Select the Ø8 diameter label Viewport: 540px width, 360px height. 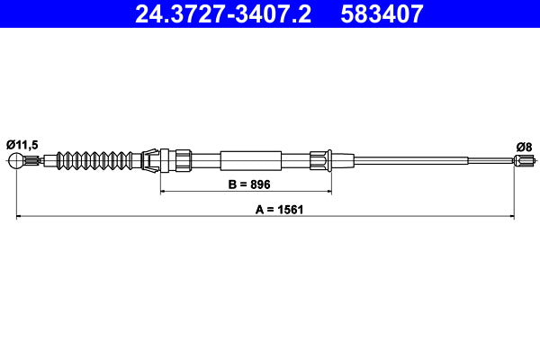click(522, 146)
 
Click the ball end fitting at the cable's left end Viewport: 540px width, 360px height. click(16, 162)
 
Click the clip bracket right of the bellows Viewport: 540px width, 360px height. click(154, 161)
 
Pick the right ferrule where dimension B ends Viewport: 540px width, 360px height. click(322, 161)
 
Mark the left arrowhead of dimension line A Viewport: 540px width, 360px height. click(19, 216)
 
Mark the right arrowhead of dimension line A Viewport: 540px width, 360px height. click(512, 216)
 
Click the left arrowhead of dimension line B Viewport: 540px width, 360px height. click(163, 192)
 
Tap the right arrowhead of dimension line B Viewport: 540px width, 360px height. click(328, 192)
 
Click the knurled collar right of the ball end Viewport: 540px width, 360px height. click(33, 162)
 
